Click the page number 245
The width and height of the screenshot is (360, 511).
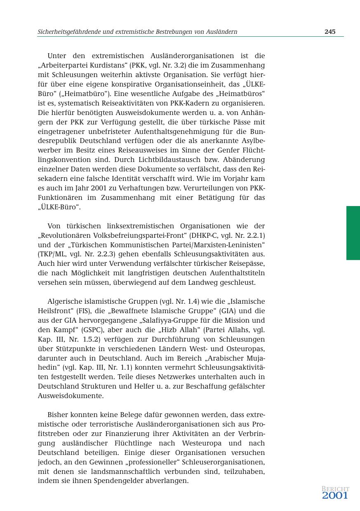click(330, 32)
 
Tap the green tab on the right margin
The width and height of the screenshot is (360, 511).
click(353, 233)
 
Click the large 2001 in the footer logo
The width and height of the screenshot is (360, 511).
click(335, 495)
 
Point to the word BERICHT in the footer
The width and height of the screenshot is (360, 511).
click(335, 489)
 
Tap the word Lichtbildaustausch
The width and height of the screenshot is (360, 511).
click(156, 160)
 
